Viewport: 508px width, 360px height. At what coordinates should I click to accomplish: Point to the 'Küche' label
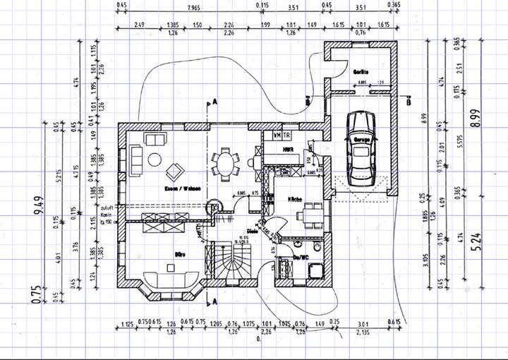click(295, 200)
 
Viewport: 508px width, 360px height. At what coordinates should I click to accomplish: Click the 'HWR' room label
click(289, 150)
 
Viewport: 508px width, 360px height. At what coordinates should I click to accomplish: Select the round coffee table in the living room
click(155, 160)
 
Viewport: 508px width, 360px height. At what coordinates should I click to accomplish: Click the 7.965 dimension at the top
click(188, 7)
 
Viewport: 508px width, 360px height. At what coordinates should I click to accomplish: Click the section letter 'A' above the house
click(212, 102)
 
